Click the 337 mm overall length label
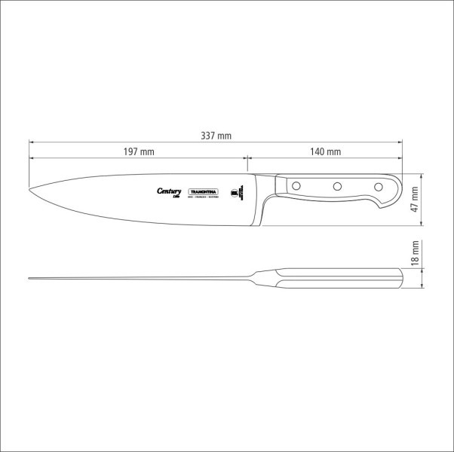tap(216, 136)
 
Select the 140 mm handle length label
tap(325, 151)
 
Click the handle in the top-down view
tap(339, 278)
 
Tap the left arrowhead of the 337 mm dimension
tap(32, 142)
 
